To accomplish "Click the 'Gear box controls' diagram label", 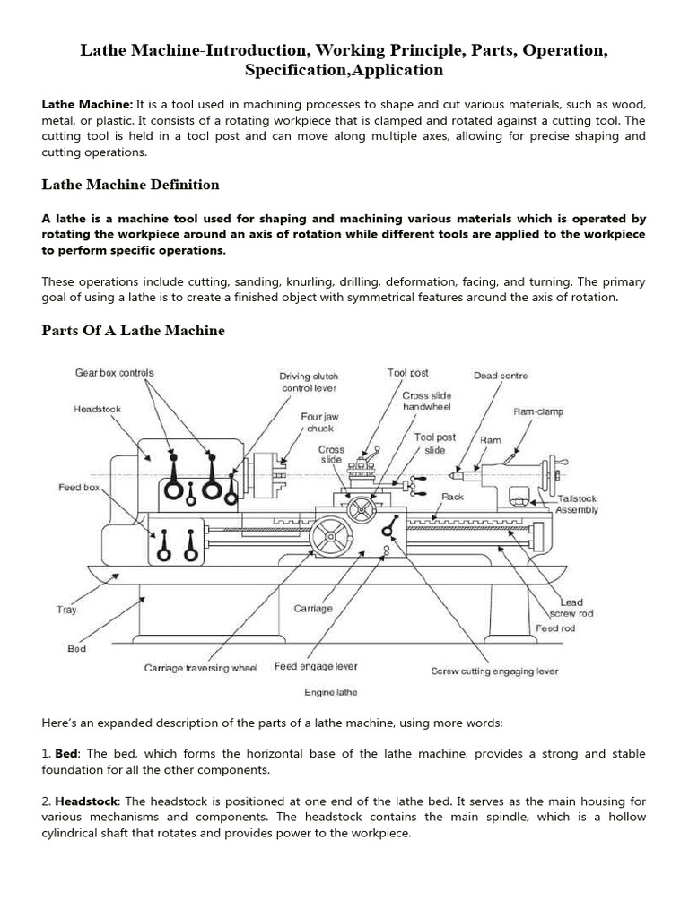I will [x=115, y=373].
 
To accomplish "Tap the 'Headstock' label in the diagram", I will [x=97, y=409].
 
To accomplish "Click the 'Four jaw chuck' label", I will [x=319, y=422].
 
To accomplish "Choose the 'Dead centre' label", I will [x=501, y=376].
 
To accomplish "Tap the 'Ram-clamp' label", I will [x=537, y=412].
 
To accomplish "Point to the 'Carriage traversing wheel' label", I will [x=200, y=668].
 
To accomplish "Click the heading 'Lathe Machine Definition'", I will [x=131, y=185].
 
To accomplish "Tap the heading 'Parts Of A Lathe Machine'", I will [x=134, y=331].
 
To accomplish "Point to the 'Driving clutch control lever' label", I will [x=309, y=383].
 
